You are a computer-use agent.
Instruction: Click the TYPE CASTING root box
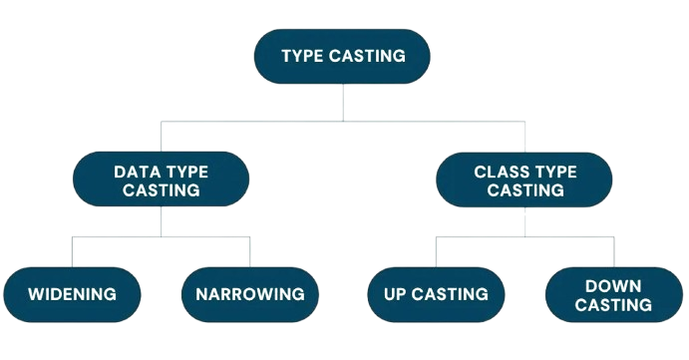[343, 57]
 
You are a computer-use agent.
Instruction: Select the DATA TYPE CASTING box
[162, 180]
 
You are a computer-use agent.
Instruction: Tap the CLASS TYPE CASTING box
[524, 180]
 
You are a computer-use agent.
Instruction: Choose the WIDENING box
[72, 294]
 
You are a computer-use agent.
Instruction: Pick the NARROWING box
[249, 294]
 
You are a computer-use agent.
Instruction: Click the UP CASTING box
[435, 294]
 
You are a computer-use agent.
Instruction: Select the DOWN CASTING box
[613, 294]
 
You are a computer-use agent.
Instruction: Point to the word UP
[397, 294]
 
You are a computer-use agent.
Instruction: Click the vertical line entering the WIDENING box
[72, 252]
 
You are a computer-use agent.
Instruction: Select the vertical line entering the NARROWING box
[249, 252]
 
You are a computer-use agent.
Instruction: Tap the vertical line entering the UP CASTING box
[435, 252]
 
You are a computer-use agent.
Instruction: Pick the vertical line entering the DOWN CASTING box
[613, 252]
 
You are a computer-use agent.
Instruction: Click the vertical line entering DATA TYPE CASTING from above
[162, 138]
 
